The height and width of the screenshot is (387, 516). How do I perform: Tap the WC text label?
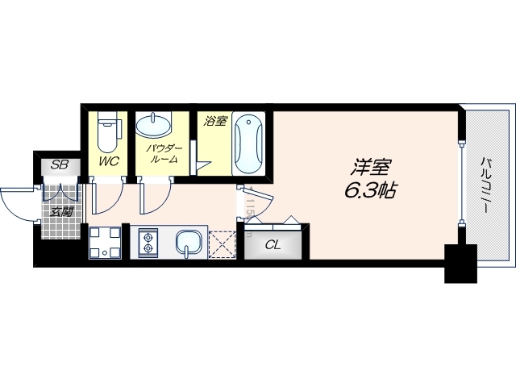tap(109, 161)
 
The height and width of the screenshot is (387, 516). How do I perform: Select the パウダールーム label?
tap(164, 155)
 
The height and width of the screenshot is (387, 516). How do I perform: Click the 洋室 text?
tap(371, 170)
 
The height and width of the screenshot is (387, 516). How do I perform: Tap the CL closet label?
tap(273, 245)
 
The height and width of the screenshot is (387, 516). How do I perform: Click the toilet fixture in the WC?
tap(107, 133)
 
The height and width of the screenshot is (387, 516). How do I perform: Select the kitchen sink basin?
tap(188, 241)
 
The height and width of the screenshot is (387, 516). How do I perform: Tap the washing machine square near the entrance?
tap(104, 243)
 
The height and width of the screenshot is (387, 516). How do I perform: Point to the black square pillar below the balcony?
tap(460, 265)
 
